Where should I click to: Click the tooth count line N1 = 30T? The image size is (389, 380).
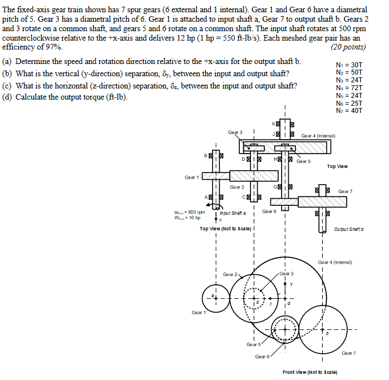pyautogui.click(x=349, y=65)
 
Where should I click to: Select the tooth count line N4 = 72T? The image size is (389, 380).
pyautogui.click(x=349, y=88)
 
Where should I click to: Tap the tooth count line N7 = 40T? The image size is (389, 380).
pyautogui.click(x=349, y=111)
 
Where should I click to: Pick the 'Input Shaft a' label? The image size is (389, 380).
pyautogui.click(x=232, y=213)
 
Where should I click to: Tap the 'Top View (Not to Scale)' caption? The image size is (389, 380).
pyautogui.click(x=227, y=229)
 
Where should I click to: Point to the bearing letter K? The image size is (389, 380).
pyautogui.click(x=274, y=124)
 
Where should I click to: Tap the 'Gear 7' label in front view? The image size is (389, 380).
pyautogui.click(x=349, y=353)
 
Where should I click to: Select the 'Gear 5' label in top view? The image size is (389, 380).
pyautogui.click(x=304, y=161)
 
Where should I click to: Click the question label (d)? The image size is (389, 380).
pyautogui.click(x=8, y=97)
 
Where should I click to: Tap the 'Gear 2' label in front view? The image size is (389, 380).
pyautogui.click(x=230, y=274)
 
